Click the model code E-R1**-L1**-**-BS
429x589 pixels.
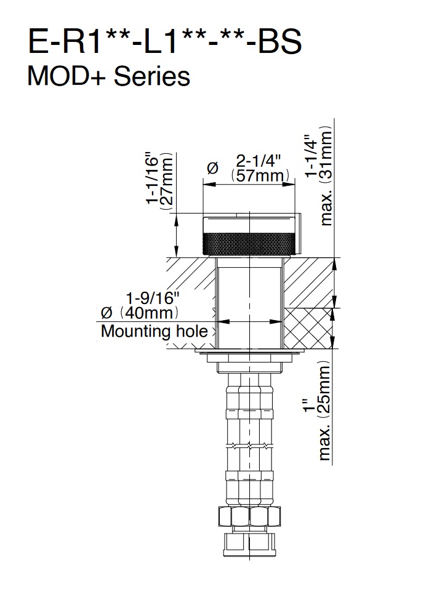click(164, 41)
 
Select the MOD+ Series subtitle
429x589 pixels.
click(108, 76)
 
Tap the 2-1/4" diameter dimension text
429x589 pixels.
click(259, 161)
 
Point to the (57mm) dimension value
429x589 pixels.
click(260, 176)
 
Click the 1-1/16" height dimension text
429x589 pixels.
click(153, 178)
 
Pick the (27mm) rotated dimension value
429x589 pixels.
click(167, 181)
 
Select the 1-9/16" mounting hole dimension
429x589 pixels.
click(152, 299)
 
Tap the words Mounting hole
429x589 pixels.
click(154, 331)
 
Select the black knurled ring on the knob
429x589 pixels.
click(249, 243)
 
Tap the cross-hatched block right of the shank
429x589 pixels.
click(308, 327)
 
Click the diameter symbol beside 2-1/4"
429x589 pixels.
click(212, 168)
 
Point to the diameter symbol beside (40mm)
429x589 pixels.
click(107, 313)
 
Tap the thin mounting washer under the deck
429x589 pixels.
click(249, 351)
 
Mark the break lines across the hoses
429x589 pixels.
click(249, 446)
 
